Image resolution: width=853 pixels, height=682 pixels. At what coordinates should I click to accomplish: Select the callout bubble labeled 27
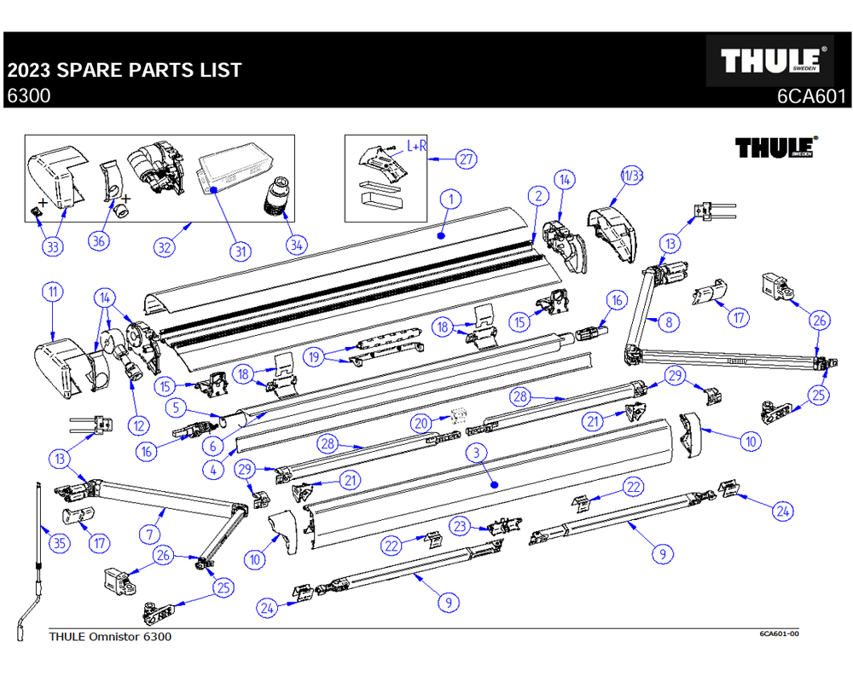click(x=465, y=159)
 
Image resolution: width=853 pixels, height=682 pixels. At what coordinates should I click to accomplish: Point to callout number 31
click(x=241, y=251)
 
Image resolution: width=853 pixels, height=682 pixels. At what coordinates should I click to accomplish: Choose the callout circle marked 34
click(x=296, y=245)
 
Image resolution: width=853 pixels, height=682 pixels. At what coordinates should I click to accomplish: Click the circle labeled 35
click(x=59, y=542)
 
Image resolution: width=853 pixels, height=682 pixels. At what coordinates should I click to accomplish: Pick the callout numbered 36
click(x=100, y=241)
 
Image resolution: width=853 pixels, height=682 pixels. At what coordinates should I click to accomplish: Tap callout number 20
click(x=420, y=422)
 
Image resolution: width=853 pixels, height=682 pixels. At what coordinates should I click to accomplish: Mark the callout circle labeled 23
click(x=461, y=527)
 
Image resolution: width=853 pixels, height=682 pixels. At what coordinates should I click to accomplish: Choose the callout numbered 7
click(x=150, y=535)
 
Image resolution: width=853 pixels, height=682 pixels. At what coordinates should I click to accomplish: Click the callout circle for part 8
click(x=669, y=322)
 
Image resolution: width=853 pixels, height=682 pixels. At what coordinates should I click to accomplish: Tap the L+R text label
click(x=417, y=147)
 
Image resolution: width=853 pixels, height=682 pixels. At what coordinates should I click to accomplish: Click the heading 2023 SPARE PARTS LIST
click(x=125, y=70)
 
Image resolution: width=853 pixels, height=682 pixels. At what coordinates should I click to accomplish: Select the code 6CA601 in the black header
click(x=810, y=96)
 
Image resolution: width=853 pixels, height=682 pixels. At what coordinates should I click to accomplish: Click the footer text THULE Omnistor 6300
click(x=110, y=637)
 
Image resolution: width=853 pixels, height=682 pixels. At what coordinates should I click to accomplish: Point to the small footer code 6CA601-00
click(x=779, y=634)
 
